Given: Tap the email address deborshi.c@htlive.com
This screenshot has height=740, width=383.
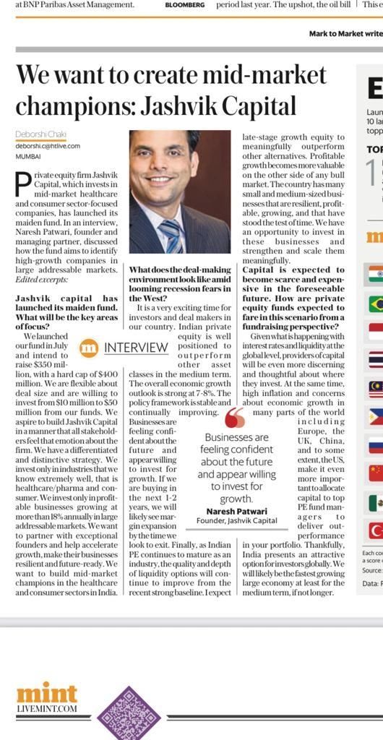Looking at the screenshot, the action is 47,146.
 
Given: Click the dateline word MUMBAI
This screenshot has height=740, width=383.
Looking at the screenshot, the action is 28,156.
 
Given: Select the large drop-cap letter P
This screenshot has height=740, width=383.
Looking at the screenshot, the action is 24,185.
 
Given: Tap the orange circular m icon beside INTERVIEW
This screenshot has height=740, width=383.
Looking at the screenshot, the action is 89,348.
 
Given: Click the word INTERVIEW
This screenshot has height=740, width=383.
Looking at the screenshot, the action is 136,348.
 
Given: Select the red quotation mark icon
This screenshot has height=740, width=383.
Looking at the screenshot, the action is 235,418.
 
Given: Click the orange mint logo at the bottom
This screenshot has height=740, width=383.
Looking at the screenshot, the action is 46,694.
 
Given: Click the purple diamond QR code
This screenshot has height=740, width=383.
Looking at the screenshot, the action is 129,713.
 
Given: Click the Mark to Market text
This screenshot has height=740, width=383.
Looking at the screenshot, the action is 345,34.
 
